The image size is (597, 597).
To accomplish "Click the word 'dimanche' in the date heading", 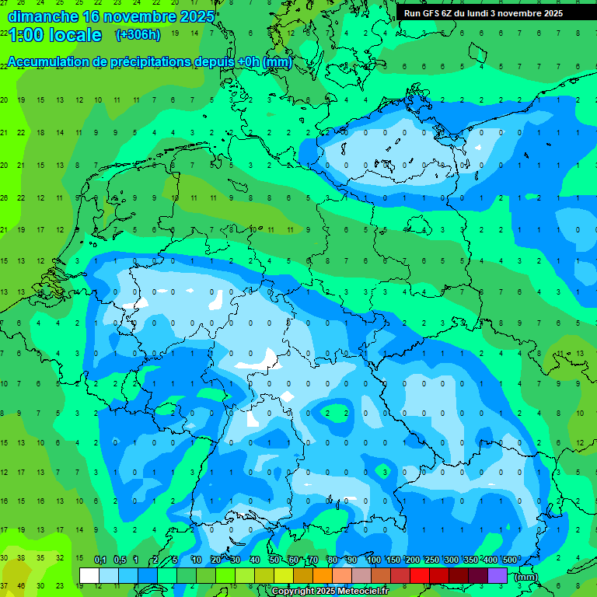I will click(42, 16).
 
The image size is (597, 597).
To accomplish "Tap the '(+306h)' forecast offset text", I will click(138, 34).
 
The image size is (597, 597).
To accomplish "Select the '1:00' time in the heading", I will click(25, 35).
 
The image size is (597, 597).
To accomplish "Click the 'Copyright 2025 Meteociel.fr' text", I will click(330, 592).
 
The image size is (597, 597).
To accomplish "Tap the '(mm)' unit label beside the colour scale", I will click(525, 576).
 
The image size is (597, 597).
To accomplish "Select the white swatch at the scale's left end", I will click(89, 575).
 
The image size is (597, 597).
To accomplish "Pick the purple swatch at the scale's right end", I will click(497, 575).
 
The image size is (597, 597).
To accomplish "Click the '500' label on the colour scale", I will click(510, 560).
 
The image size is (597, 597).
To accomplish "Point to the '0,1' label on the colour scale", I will click(100, 560).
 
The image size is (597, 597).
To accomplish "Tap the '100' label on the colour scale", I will click(374, 560).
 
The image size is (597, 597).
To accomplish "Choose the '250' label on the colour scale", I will click(432, 560).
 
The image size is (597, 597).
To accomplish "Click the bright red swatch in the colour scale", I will click(420, 575).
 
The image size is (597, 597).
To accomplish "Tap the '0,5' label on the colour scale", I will click(120, 560).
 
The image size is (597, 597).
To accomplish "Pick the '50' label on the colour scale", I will click(274, 560).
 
